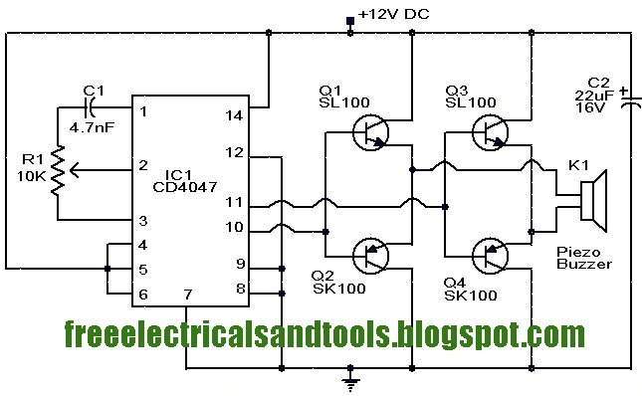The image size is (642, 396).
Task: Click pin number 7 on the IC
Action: click(x=186, y=296)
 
